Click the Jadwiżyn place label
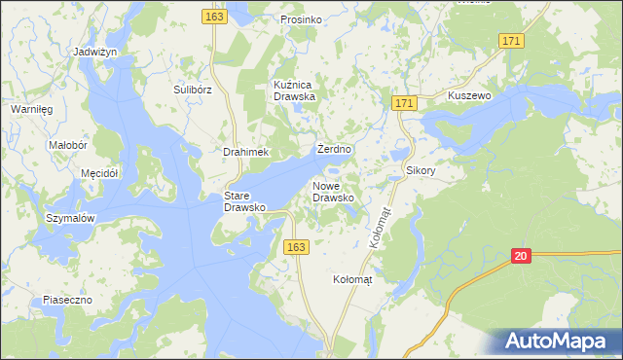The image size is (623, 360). (95, 51)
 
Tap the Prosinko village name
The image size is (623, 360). (301, 19)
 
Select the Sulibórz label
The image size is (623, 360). (193, 90)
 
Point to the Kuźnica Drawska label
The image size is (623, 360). (296, 90)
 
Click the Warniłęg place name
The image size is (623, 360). (31, 109)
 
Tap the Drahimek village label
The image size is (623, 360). (245, 153)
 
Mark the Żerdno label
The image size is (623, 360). (334, 151)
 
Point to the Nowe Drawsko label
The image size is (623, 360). (333, 191)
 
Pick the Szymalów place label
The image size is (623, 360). (70, 219)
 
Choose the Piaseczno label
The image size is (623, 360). (66, 301)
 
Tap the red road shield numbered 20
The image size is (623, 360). (522, 256)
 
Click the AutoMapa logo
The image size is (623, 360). (556, 342)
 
